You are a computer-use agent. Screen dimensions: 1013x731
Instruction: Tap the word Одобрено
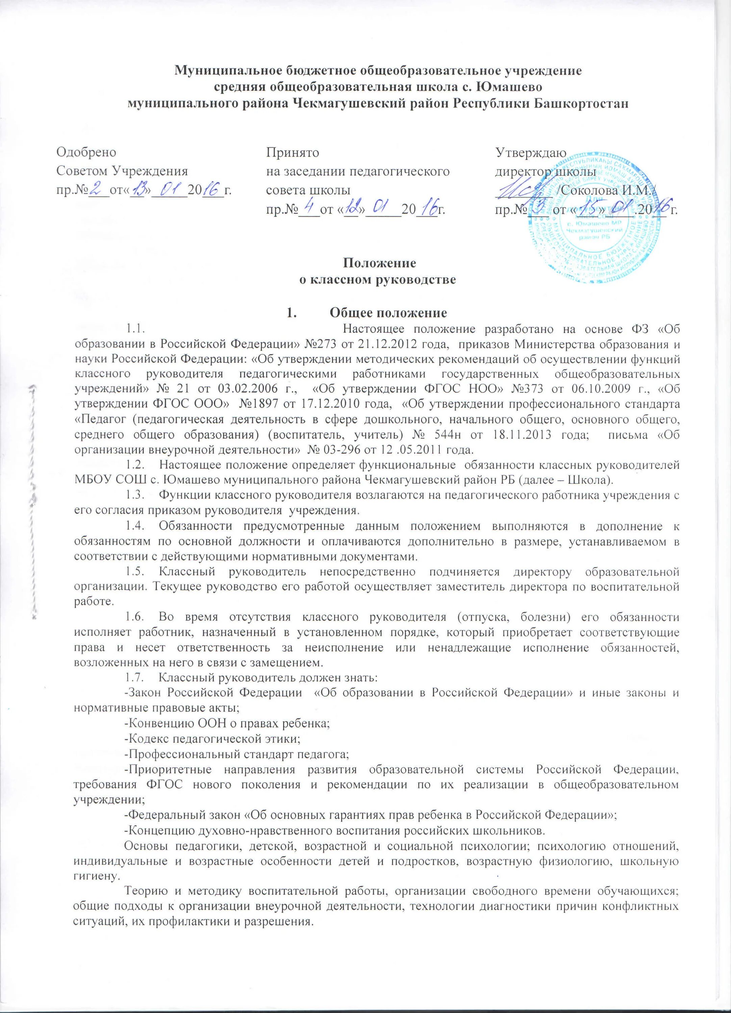tap(86, 153)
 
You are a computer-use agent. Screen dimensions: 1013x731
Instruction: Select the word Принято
tap(293, 153)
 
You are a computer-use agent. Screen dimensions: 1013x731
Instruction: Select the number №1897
tap(256, 405)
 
